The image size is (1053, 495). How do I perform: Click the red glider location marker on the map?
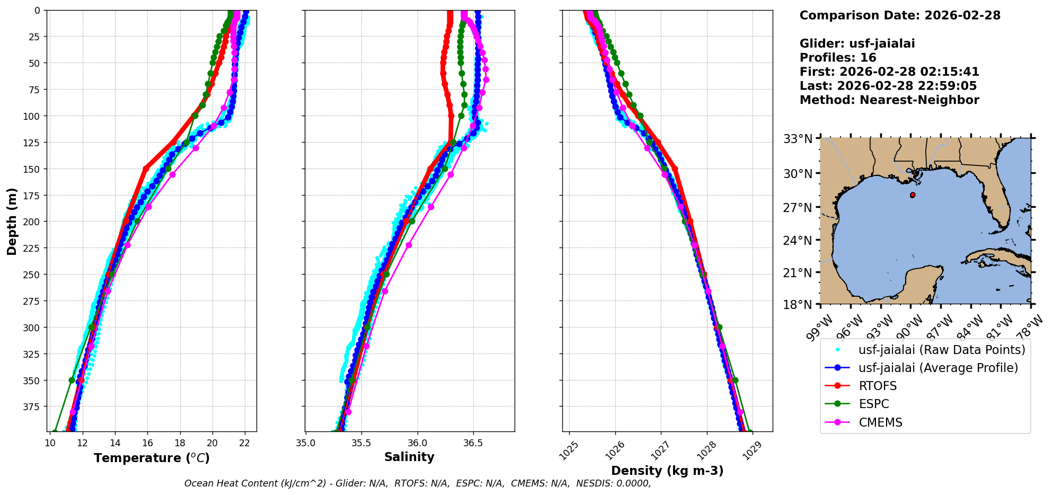click(x=913, y=195)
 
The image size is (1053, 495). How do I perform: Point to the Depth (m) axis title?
click(x=12, y=221)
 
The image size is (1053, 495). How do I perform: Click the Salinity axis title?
click(x=409, y=457)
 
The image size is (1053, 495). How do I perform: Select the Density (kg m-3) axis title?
click(x=667, y=471)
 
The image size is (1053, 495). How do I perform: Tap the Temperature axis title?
click(x=152, y=458)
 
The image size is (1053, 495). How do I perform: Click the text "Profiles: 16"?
click(x=838, y=58)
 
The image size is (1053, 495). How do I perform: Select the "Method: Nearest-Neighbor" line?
click(x=889, y=100)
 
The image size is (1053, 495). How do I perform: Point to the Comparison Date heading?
click(x=899, y=15)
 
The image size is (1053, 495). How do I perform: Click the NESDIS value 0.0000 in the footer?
click(x=633, y=483)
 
